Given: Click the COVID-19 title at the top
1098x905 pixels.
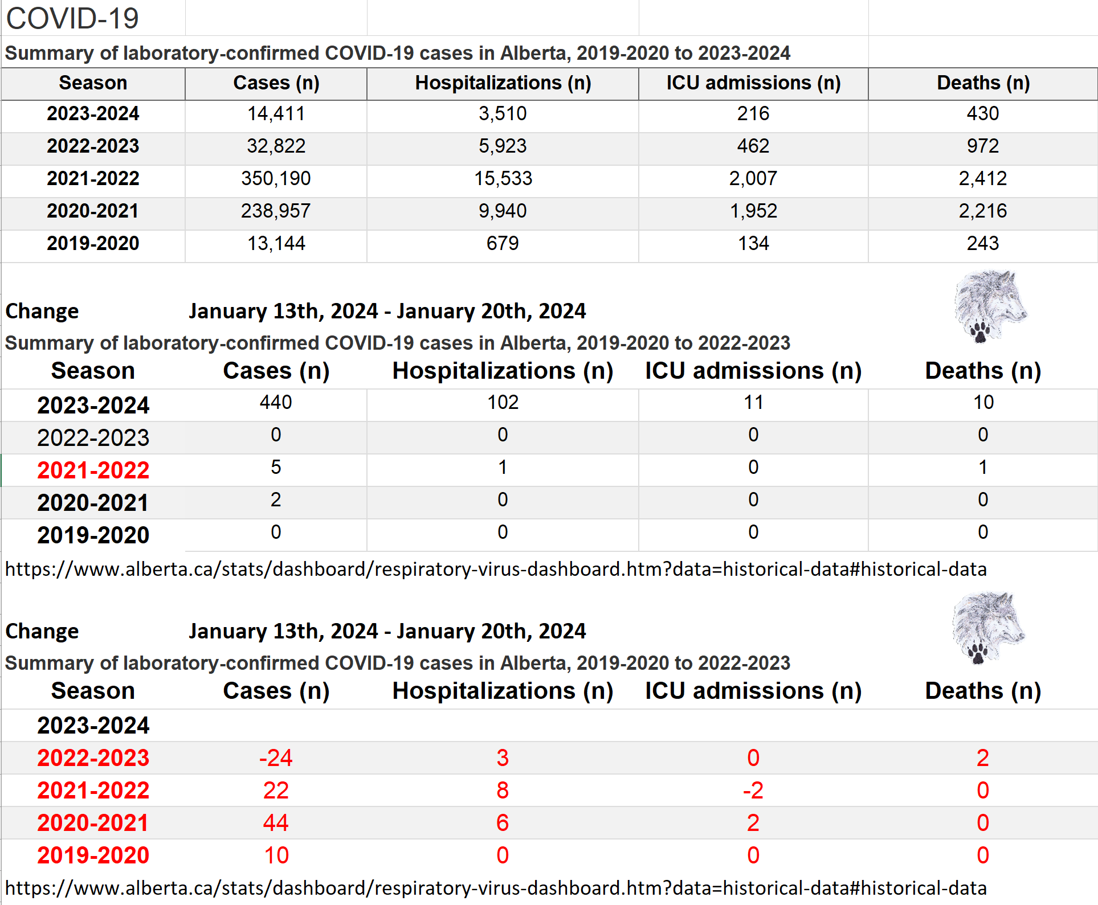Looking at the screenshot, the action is pos(72,18).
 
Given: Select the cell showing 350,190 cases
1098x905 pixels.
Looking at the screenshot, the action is pos(276,179).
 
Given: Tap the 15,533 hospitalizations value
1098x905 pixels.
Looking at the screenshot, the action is pos(503,179).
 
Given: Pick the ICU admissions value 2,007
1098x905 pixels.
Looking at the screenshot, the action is pos(753,179).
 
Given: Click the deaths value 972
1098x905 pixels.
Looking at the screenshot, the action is pos(983,146).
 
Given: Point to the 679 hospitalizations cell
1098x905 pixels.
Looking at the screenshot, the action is pos(503,244).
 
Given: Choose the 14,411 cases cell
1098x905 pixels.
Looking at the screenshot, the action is pos(276,114).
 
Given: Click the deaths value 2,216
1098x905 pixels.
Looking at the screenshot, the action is pos(983,211).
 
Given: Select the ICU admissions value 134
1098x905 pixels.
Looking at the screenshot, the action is pos(753,244).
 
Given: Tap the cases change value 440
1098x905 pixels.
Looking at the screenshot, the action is pos(276,403).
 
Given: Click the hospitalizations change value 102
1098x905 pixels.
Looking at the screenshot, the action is pos(503,403).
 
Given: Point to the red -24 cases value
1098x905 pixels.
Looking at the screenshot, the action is pos(276,758).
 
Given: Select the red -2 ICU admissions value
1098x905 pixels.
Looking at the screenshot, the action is pos(753,791).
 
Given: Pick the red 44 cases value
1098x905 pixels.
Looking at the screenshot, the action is pos(276,823).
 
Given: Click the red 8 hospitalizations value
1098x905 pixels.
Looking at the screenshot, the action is pos(503,791).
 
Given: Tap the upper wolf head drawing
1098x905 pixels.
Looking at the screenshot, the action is pos(990,306).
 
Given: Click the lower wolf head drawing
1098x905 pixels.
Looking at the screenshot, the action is pos(989,628).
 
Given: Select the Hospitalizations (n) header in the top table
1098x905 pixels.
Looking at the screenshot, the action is pos(503,83).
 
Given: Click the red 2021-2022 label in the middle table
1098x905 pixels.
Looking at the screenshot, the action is pos(93,470).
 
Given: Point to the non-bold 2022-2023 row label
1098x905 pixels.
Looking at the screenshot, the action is pos(93,438).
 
